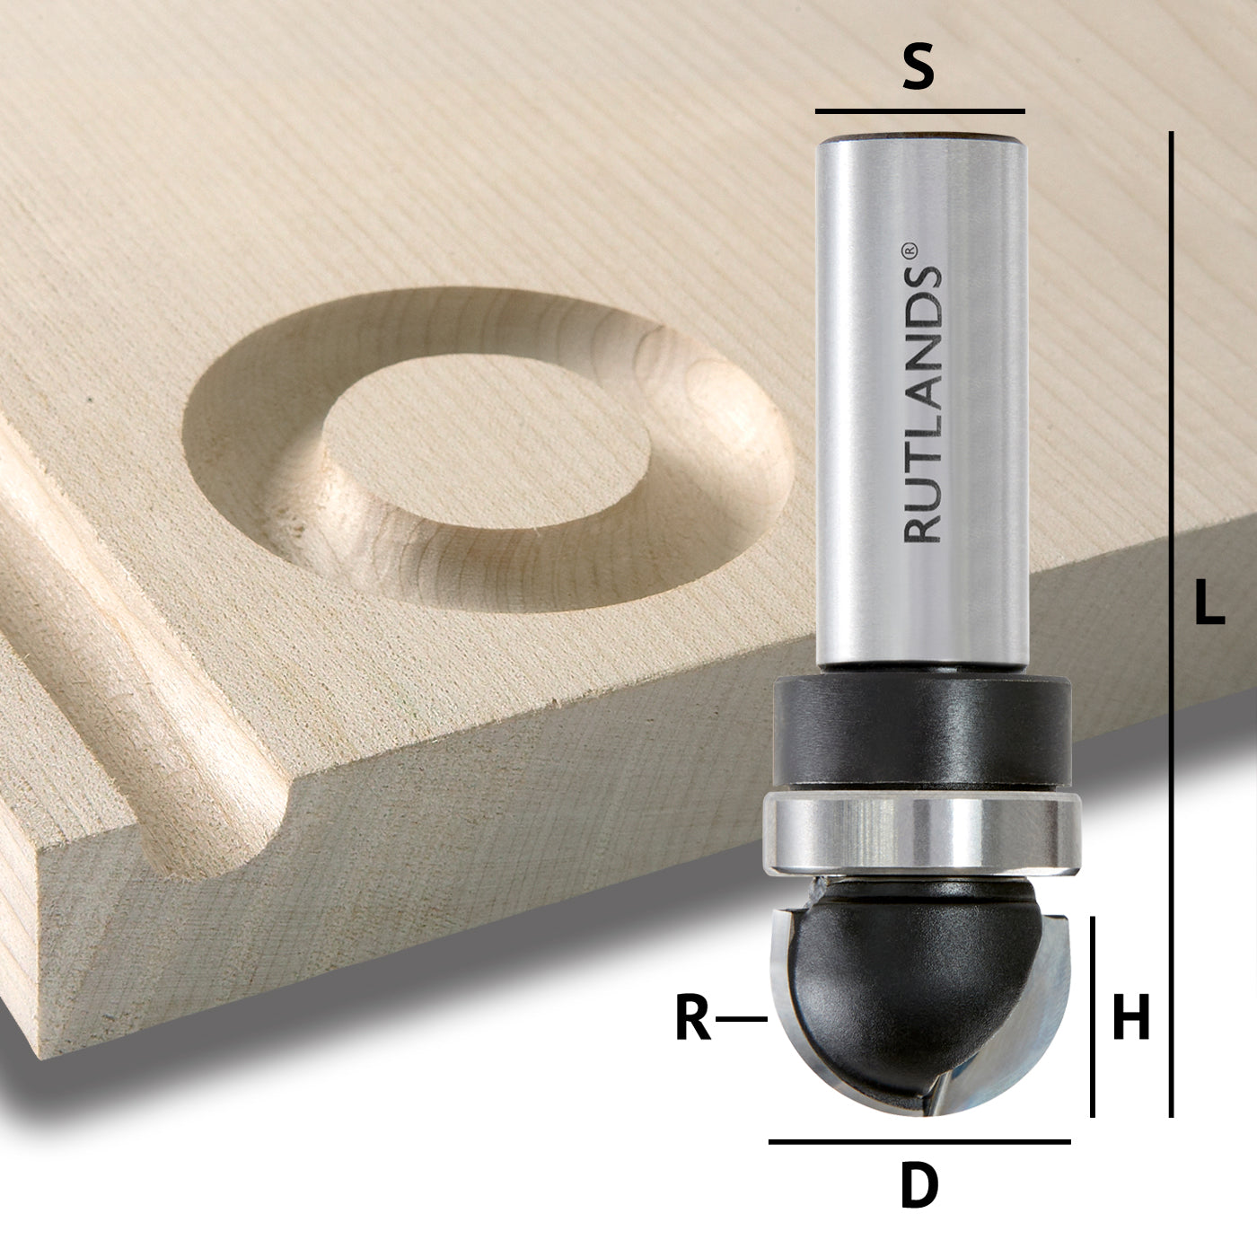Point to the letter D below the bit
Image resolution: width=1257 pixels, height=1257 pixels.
tap(919, 1186)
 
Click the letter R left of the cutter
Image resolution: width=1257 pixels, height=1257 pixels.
tap(693, 1019)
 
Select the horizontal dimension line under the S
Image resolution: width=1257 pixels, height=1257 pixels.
tap(919, 111)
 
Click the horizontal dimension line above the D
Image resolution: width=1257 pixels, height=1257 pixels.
tap(919, 1141)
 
